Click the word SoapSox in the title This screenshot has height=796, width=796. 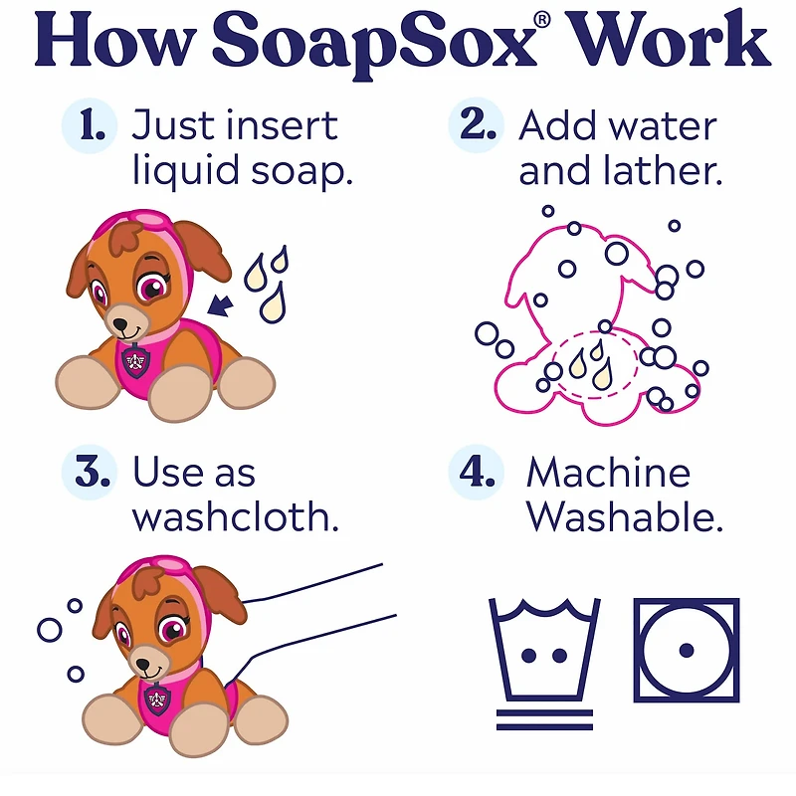[374, 43]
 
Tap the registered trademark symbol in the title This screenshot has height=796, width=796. [542, 19]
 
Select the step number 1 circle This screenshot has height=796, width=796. [90, 125]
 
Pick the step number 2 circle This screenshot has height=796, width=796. [476, 125]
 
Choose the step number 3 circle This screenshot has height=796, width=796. [90, 472]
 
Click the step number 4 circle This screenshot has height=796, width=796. [476, 472]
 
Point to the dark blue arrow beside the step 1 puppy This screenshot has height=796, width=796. [220, 305]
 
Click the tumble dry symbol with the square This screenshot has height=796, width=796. [687, 651]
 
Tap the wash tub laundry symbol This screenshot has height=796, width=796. [544, 664]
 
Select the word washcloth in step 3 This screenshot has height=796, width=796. [235, 516]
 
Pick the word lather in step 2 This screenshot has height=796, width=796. [663, 170]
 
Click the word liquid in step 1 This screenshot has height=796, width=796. [186, 171]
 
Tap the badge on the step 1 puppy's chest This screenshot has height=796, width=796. [135, 360]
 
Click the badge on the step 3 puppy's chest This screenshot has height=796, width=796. [158, 699]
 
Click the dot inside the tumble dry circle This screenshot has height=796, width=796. [687, 651]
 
